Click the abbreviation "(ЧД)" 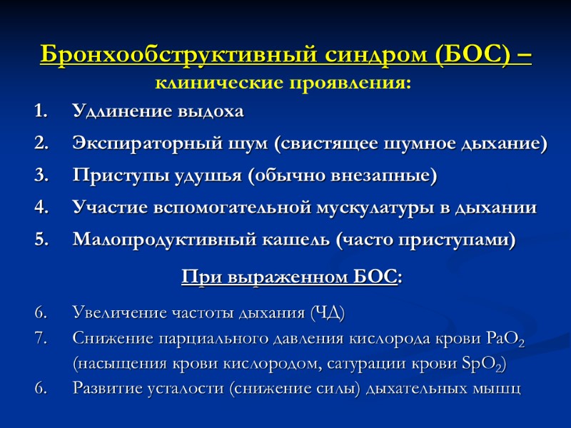pos(328,313)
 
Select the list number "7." pos(40,338)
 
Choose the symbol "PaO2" pos(504,339)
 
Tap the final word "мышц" pos(499,389)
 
